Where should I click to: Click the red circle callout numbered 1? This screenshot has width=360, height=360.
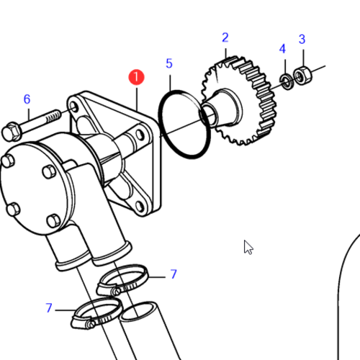point(136,76)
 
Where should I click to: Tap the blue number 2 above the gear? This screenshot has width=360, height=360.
point(225,37)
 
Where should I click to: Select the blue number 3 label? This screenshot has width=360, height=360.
point(302,39)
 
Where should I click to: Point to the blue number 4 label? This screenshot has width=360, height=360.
point(282,49)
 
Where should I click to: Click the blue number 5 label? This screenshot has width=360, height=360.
point(169,63)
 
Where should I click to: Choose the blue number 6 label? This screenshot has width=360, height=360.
point(27,99)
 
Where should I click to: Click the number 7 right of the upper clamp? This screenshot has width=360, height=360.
point(174,274)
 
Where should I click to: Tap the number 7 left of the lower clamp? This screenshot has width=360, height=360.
point(49,308)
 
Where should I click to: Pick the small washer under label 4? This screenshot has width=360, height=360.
point(287,80)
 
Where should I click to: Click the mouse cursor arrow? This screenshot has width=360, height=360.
point(248,246)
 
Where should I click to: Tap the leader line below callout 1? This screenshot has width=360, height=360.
point(136,97)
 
